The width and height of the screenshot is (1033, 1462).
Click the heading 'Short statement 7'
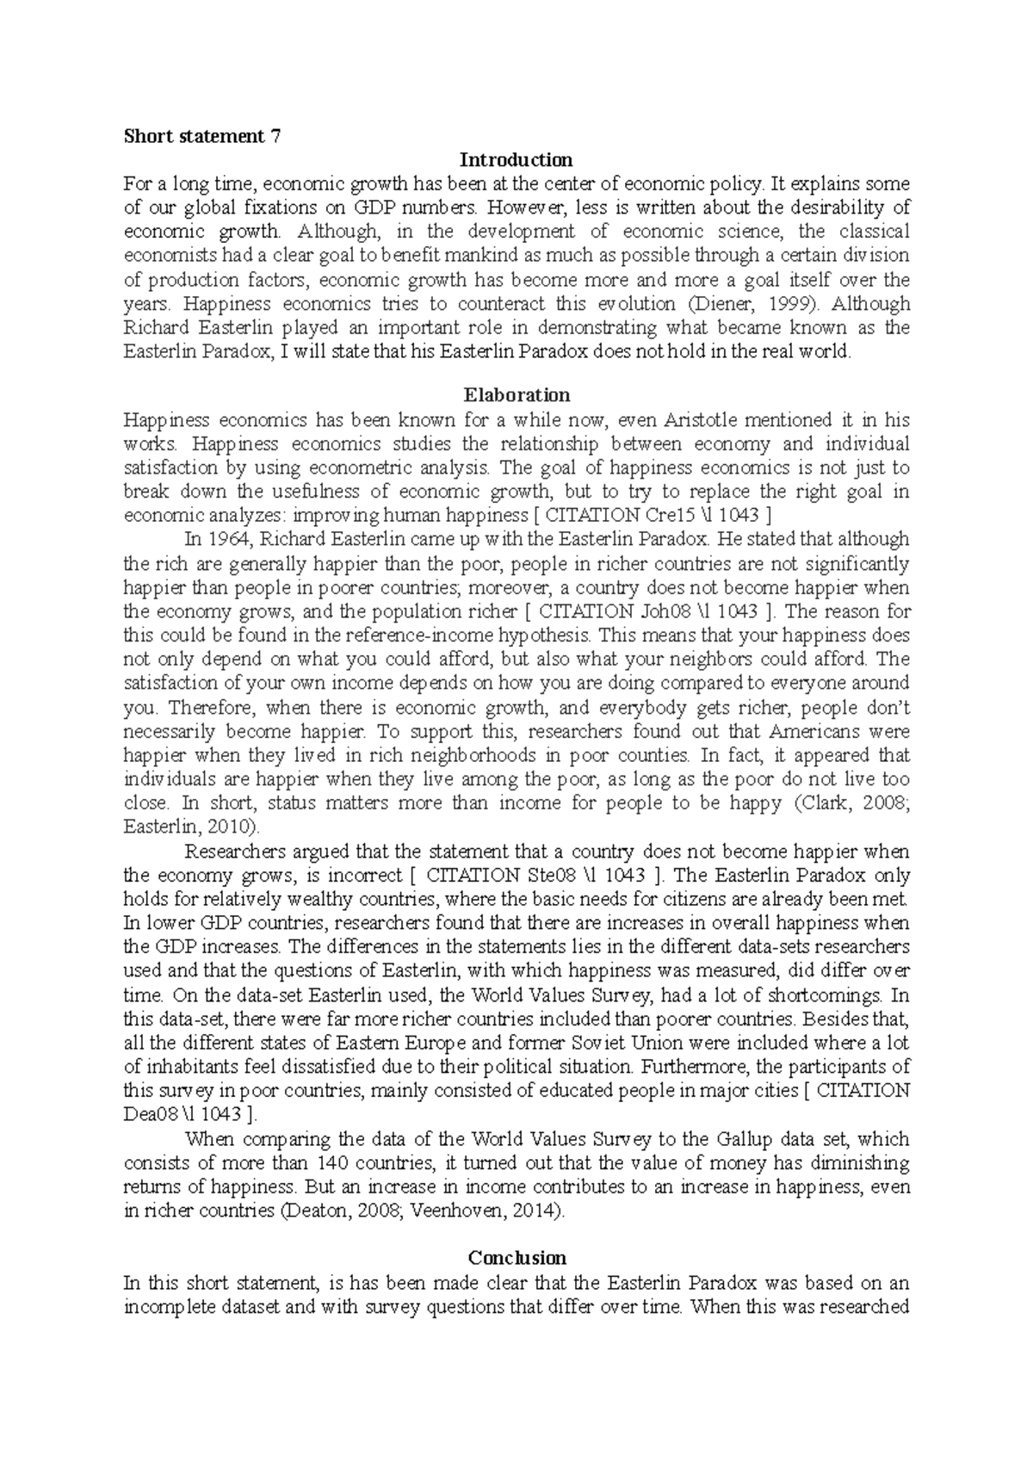coord(202,136)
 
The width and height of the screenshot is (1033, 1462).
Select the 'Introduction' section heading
coord(516,160)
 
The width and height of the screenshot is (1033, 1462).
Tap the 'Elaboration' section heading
coord(516,395)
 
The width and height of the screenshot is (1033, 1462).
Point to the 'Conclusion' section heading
coord(516,1258)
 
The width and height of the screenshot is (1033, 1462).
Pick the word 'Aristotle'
coord(701,420)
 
